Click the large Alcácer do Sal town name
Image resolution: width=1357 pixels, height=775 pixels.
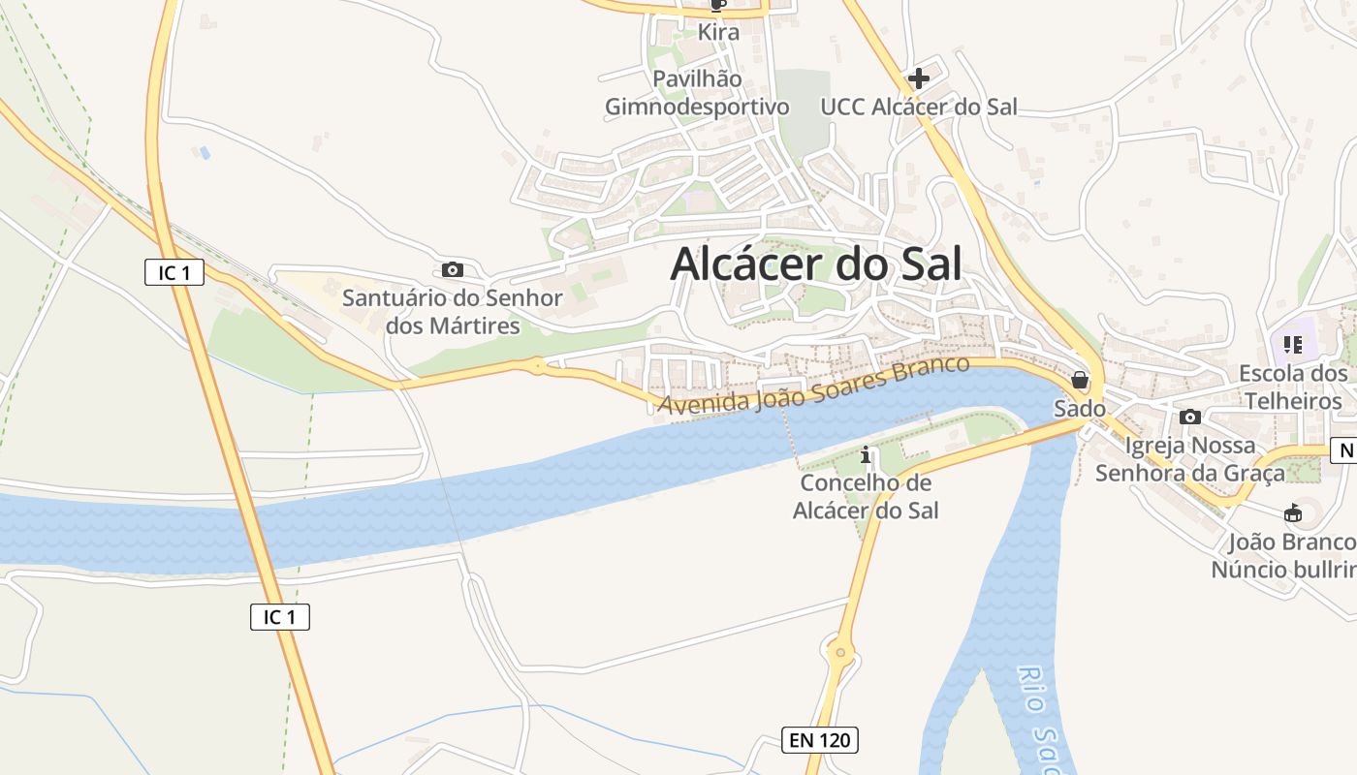click(x=816, y=263)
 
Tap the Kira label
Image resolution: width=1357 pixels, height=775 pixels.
click(x=718, y=32)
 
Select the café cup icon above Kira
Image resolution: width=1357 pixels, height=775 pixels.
click(x=718, y=5)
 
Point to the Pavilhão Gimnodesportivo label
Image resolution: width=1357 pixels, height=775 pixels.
click(x=697, y=93)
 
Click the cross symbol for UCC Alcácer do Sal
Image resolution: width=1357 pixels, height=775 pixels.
click(x=918, y=78)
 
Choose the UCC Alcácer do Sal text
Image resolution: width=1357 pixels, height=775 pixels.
click(x=919, y=107)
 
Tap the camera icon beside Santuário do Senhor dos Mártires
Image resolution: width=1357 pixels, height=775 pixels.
click(x=452, y=270)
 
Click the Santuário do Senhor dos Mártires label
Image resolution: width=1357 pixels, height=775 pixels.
click(x=453, y=312)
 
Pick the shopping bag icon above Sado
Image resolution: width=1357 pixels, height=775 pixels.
click(x=1080, y=381)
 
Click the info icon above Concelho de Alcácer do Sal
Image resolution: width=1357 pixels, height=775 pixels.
click(x=866, y=454)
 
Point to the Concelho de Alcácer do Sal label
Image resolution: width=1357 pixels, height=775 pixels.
click(x=866, y=496)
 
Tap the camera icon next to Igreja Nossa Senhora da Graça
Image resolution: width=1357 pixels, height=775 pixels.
click(x=1190, y=418)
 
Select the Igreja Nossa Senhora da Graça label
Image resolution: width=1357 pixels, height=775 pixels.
click(x=1190, y=459)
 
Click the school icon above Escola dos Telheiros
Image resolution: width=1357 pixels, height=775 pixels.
click(x=1292, y=344)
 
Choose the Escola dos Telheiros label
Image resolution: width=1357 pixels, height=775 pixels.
click(x=1293, y=387)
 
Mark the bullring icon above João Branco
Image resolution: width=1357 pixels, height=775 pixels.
click(x=1292, y=512)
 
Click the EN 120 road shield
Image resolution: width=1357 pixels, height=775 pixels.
click(x=820, y=741)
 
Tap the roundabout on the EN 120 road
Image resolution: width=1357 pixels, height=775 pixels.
click(x=840, y=654)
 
